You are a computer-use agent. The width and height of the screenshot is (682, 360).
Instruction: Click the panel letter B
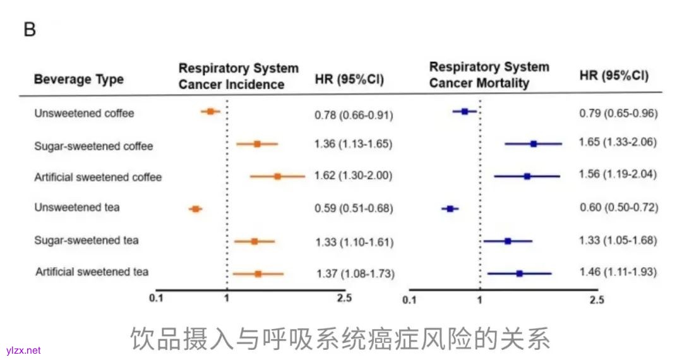(x=30, y=30)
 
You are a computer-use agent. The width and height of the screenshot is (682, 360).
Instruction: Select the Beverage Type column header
(x=79, y=80)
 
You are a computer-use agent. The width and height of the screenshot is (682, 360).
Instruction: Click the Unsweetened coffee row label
(x=84, y=114)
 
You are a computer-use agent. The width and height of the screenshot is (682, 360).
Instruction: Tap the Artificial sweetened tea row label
(x=92, y=272)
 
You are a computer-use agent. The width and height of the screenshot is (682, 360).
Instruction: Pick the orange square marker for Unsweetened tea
(x=196, y=208)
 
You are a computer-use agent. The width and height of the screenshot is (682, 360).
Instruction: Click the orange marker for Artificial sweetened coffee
(x=277, y=176)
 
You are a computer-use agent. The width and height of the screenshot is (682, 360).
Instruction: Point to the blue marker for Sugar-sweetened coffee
(x=534, y=144)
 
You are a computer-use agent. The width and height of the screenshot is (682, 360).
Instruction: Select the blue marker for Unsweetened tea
(x=450, y=208)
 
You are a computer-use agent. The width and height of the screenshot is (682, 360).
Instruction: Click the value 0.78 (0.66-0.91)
(x=354, y=115)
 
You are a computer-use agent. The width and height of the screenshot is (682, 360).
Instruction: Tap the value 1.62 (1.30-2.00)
(x=353, y=176)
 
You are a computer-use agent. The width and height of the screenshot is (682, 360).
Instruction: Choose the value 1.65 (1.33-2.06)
(x=618, y=143)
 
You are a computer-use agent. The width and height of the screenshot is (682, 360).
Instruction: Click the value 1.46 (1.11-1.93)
(x=618, y=273)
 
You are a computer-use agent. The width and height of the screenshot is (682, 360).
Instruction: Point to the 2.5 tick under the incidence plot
(x=344, y=298)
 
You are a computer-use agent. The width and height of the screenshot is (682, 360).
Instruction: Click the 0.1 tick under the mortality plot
(x=409, y=299)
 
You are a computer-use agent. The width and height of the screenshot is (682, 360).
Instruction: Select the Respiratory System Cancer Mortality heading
(x=489, y=75)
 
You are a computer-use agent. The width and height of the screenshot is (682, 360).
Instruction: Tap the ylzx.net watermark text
(x=23, y=351)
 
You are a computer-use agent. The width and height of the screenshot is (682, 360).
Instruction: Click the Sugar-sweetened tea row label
(x=87, y=241)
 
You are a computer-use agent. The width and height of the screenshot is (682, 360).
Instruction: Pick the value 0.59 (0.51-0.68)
(x=354, y=208)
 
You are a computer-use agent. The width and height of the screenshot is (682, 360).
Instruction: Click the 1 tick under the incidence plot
(x=226, y=298)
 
